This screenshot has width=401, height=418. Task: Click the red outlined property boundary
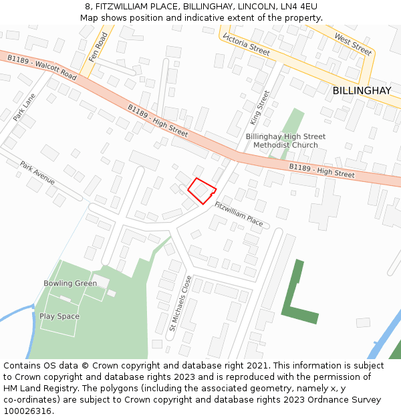coord(201,191)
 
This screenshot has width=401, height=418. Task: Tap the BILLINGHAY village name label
coord(362,90)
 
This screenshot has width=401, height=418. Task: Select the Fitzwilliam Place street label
coord(239,214)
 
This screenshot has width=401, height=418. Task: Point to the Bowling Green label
coord(70,284)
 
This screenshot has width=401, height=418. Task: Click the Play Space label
coord(59,316)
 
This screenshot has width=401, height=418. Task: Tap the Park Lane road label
coord(24,107)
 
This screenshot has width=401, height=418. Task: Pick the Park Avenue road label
coord(37,173)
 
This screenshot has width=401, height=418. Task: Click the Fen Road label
coord(98,47)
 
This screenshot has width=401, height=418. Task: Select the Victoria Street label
coord(247,43)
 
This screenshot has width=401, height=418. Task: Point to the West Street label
coord(352,44)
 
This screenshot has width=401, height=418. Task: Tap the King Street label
coord(259,108)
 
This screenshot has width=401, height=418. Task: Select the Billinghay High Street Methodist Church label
coord(285,140)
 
